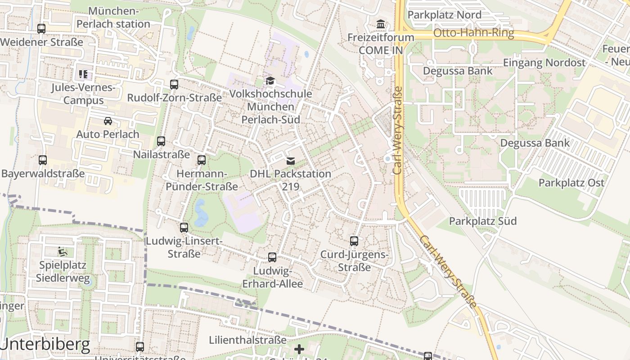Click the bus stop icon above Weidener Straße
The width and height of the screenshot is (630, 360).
[41, 29]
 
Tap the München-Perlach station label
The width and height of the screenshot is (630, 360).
[113, 18]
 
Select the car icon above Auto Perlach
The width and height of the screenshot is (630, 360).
[108, 121]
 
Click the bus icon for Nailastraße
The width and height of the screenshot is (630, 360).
[161, 141]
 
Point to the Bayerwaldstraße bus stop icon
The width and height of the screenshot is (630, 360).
[43, 160]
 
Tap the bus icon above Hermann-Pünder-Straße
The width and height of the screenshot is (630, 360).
[202, 160]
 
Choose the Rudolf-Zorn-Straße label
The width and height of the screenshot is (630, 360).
[174, 98]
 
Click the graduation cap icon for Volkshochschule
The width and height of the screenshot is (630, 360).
[270, 81]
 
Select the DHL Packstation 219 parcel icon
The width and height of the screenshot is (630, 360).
[291, 161]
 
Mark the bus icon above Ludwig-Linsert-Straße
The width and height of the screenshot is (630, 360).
[184, 228]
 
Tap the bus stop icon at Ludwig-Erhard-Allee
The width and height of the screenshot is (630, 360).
[272, 257]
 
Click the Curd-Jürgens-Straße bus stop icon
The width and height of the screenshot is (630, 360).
[354, 241]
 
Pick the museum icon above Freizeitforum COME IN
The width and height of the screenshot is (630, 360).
[381, 24]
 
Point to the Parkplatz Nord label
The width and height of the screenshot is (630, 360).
[444, 15]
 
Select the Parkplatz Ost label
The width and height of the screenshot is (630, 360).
[571, 183]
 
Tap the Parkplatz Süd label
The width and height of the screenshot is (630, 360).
[483, 221]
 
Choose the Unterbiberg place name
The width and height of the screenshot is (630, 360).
[45, 345]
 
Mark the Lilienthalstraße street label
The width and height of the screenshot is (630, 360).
[248, 340]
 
